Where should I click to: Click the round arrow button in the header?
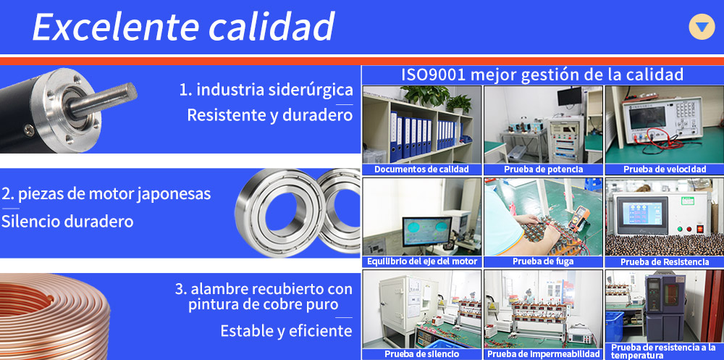[702, 27]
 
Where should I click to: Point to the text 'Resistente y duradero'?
[269, 115]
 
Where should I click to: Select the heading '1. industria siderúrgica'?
[266, 90]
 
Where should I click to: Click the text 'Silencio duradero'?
[67, 222]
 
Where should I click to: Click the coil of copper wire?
[54, 317]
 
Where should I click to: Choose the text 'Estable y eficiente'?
[286, 331]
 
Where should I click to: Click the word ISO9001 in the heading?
[432, 75]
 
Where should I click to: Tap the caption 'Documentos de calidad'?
[421, 169]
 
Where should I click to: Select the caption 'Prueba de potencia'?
[543, 169]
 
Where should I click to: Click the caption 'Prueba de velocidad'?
[665, 169]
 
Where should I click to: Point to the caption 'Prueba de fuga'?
[543, 261]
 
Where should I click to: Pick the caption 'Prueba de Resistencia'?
[665, 262]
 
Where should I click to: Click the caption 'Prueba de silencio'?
[421, 354]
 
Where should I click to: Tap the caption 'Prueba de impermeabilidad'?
[544, 354]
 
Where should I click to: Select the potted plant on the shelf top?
[426, 95]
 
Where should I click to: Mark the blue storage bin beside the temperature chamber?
[615, 326]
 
